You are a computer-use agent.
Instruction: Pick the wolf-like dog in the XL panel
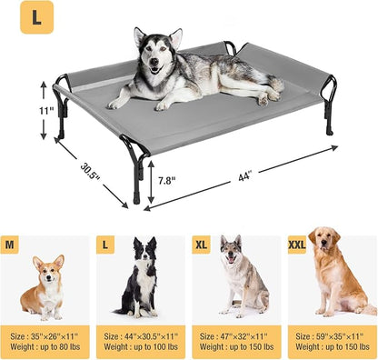pos(238,276)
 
